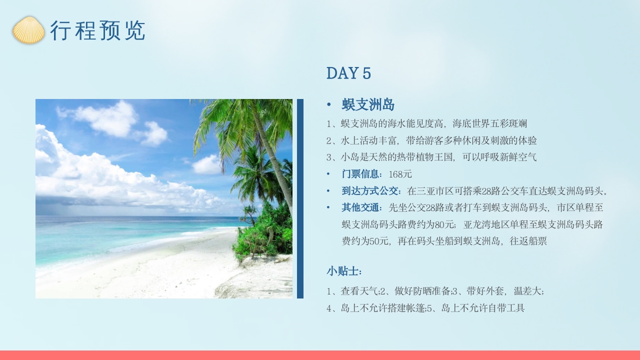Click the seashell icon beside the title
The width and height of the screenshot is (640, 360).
pyautogui.click(x=28, y=30)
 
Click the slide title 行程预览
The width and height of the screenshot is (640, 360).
pyautogui.click(x=97, y=31)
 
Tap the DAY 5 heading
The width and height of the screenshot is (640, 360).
pyautogui.click(x=348, y=73)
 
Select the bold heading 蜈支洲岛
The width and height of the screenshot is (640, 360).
pyautogui.click(x=368, y=105)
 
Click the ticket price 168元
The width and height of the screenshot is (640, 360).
pyautogui.click(x=400, y=174)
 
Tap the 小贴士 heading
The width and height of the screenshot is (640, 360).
pyautogui.click(x=344, y=271)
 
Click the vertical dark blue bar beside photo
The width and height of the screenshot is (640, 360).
pyautogui.click(x=300, y=198)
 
